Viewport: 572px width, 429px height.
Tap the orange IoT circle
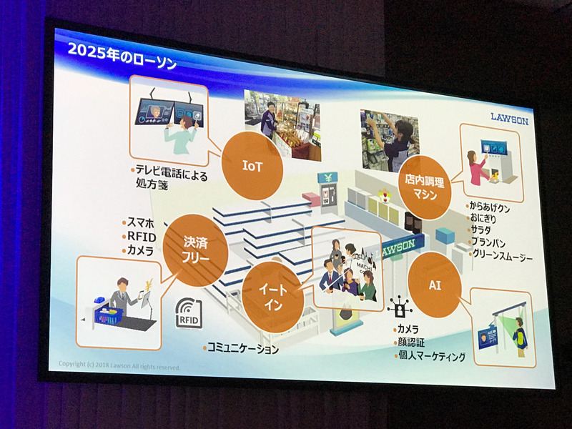(252, 167)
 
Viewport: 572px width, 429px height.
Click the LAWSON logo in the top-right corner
(509, 119)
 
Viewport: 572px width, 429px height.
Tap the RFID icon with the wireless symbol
(189, 314)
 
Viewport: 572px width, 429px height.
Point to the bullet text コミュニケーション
(242, 348)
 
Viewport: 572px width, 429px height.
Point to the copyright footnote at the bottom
(119, 366)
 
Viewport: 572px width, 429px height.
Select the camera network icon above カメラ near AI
(398, 310)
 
